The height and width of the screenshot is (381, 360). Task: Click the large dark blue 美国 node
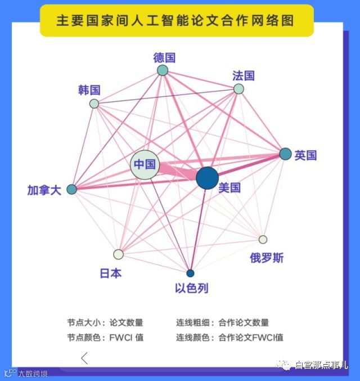coord(207,178)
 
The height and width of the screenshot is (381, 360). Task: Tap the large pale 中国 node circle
coord(145,165)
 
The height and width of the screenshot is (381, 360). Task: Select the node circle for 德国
coord(163,70)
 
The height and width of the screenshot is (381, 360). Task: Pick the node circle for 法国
coord(238,89)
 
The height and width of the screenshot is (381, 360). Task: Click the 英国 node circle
coord(285,154)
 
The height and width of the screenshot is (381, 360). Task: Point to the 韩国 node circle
coord(94,104)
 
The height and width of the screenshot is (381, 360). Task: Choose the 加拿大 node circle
coord(71,189)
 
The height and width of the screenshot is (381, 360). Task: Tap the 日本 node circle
coord(118,254)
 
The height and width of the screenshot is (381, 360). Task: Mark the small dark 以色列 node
coord(190,274)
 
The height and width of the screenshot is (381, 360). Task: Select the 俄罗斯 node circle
coord(263,239)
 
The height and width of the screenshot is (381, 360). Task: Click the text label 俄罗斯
coord(267,258)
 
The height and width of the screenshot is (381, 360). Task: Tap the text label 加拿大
coord(44,190)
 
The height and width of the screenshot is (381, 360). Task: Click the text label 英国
coord(306,155)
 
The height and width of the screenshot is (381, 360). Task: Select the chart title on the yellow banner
coord(175,21)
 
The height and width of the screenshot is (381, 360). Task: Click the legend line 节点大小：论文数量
coord(105,323)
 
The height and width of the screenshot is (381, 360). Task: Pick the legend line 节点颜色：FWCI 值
coord(105,337)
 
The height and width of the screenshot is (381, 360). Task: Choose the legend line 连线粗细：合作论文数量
coord(222,323)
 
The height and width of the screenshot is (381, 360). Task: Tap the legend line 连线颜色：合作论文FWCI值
coord(229,337)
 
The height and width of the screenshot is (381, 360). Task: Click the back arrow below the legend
coord(85,358)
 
